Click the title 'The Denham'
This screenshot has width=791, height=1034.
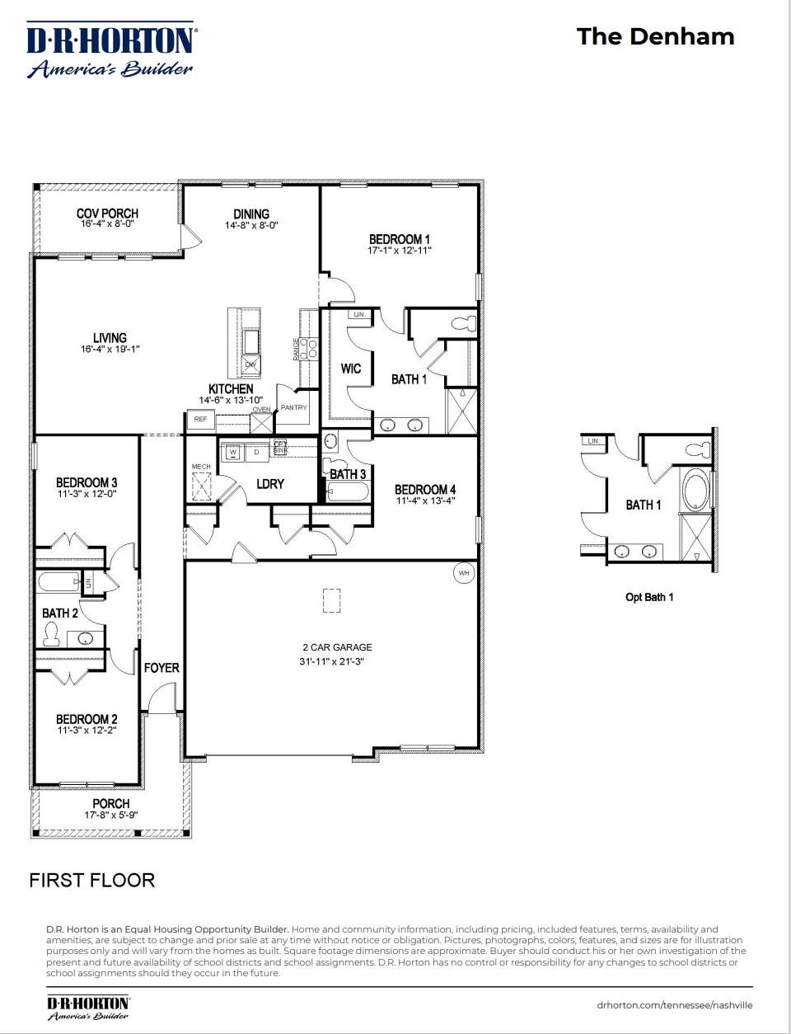coord(655,36)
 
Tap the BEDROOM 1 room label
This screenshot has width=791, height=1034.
coord(399,239)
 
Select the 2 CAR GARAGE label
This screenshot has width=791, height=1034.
coord(337,647)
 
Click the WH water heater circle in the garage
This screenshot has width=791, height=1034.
coord(464,572)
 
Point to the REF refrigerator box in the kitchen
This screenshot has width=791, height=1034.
coord(200,420)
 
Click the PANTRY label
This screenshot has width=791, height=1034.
coord(293,407)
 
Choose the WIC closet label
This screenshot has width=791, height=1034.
coord(351,369)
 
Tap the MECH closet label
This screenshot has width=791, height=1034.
coord(201,467)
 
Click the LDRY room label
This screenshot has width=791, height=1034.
coord(270,484)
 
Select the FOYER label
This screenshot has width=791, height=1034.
coord(161,668)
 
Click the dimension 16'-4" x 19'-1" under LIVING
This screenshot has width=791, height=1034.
coord(110,349)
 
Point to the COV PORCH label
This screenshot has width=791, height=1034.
coord(107,214)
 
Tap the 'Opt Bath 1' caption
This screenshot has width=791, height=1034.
coord(649,597)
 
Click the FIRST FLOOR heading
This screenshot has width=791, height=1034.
coord(91,880)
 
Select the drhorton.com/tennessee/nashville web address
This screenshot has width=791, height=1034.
coord(674,1005)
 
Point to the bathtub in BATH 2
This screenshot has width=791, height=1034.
coord(58,583)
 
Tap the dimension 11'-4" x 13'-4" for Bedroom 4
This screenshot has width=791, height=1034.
coord(425,501)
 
